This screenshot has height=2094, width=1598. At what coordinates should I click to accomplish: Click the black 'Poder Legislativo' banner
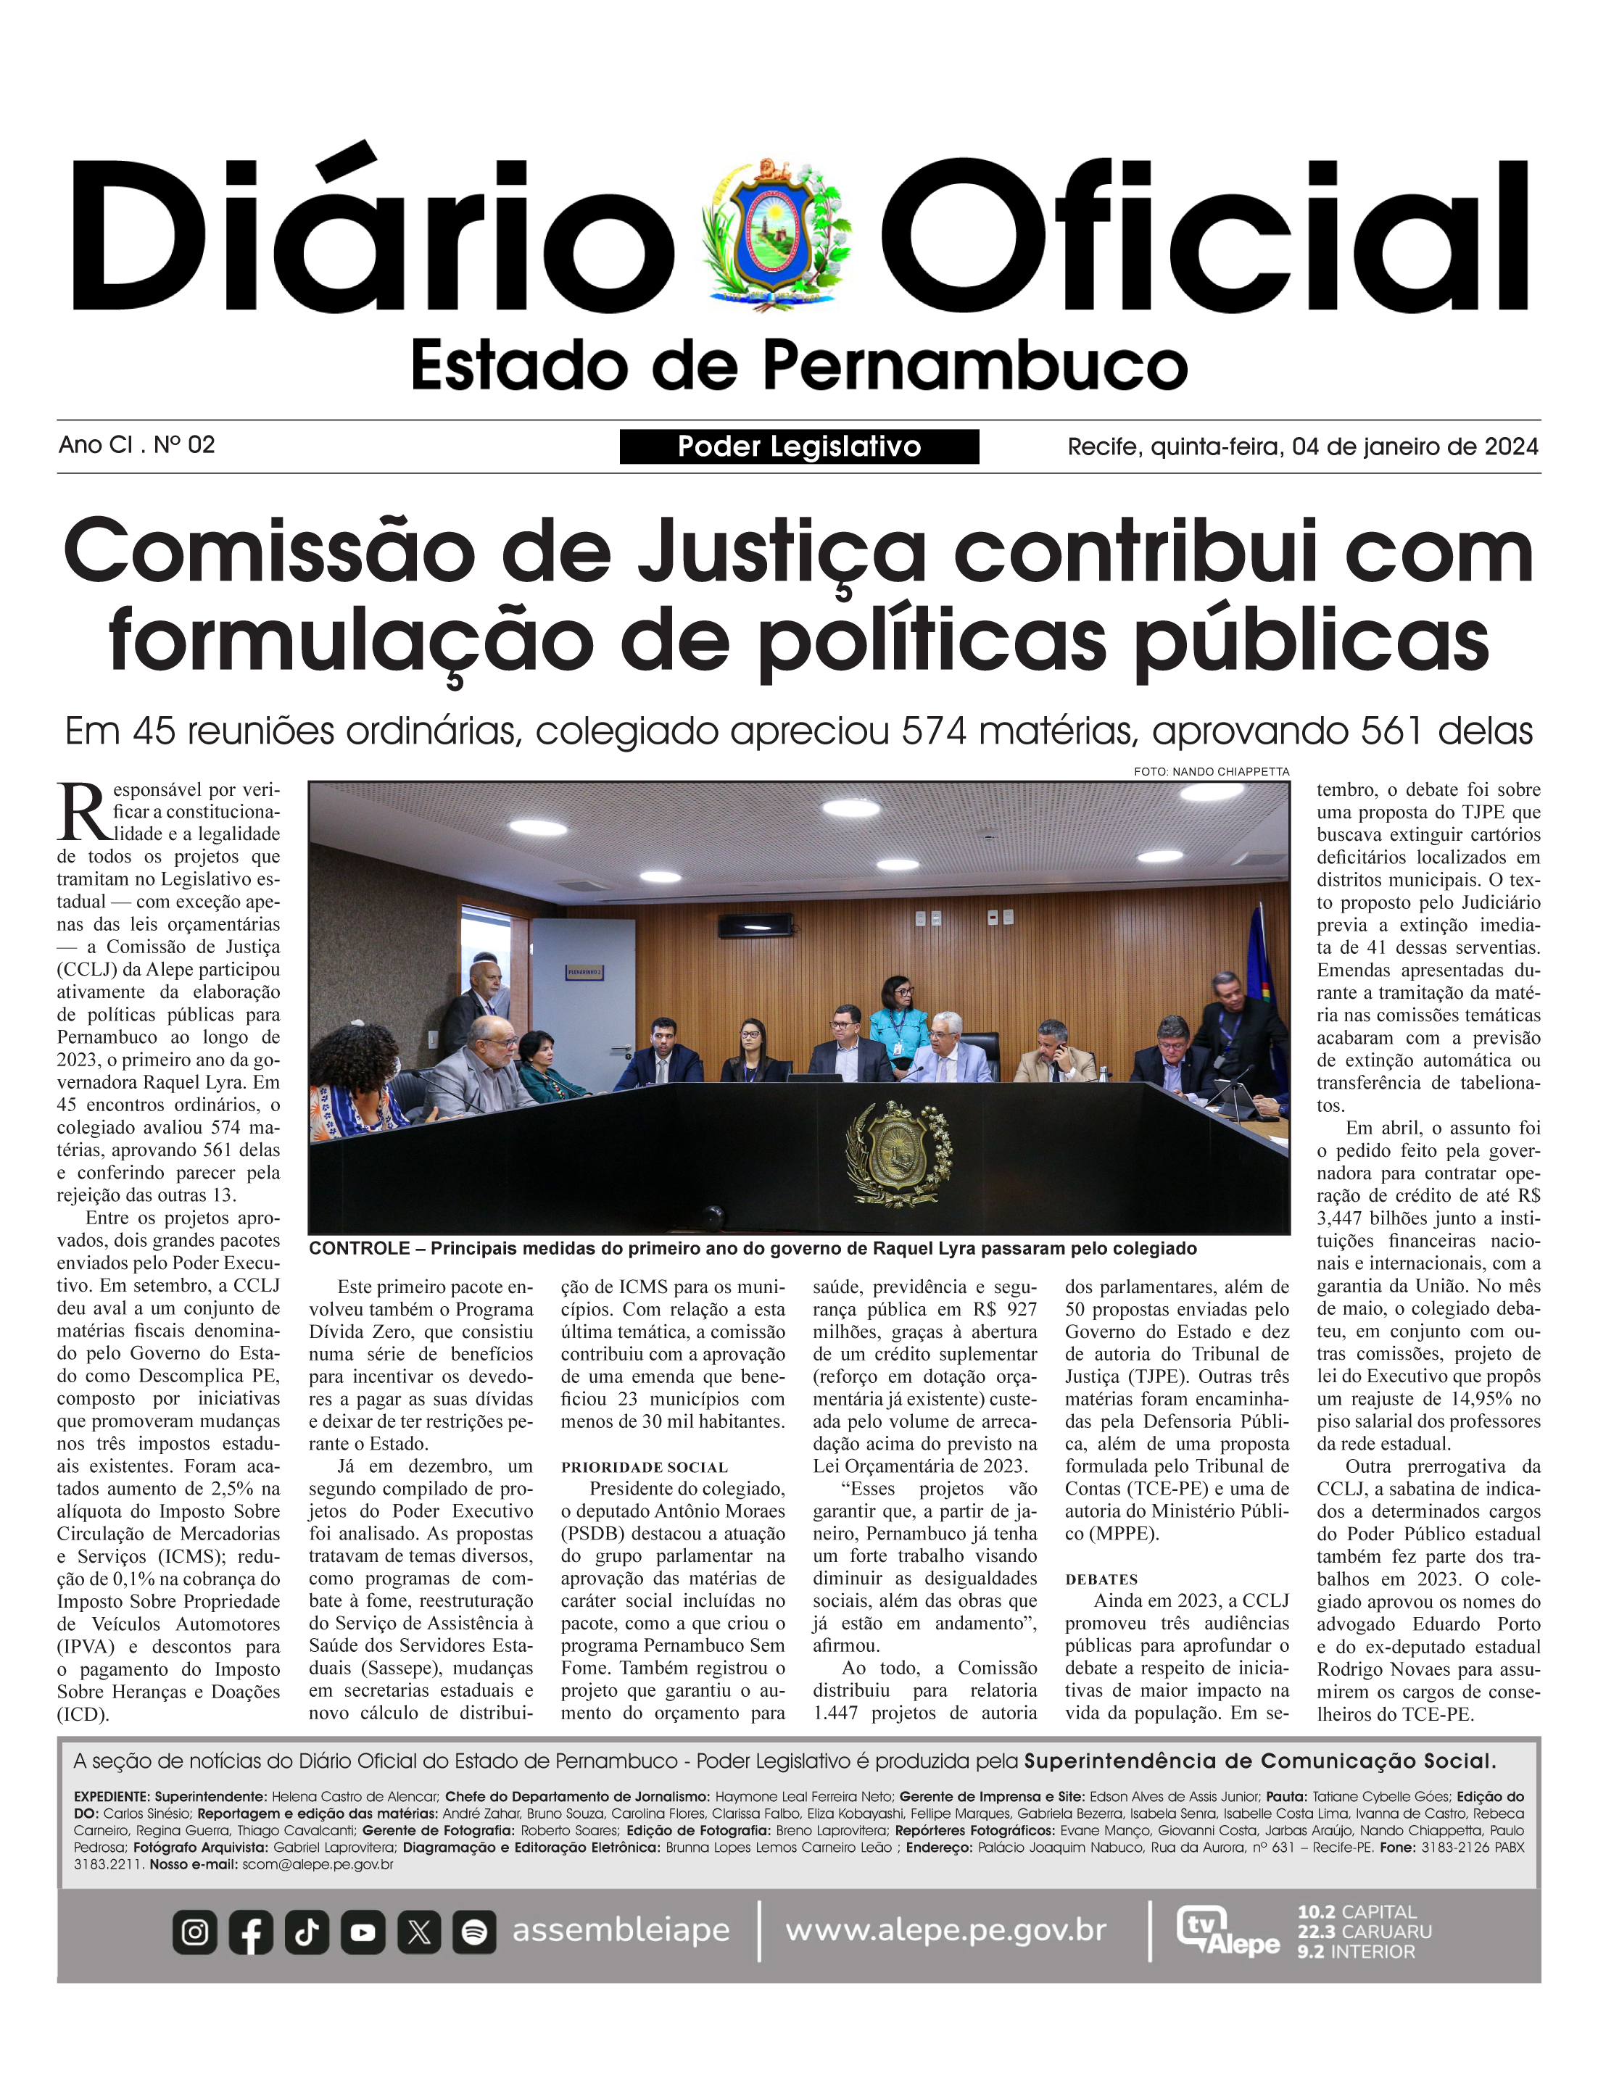(799, 446)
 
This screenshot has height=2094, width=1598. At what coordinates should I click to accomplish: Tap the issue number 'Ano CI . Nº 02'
(137, 444)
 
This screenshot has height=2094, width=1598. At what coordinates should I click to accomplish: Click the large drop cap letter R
(83, 812)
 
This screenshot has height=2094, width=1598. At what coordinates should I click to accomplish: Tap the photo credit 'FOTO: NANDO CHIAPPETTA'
(1211, 771)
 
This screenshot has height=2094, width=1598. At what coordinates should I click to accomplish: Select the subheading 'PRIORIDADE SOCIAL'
(644, 1467)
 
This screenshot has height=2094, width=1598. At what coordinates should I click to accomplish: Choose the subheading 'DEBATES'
(1101, 1579)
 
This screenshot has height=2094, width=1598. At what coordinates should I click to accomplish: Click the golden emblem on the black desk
(898, 1153)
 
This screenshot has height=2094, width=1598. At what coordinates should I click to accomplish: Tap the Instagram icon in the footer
(195, 1932)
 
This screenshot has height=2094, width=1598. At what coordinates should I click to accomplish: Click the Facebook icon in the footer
(251, 1932)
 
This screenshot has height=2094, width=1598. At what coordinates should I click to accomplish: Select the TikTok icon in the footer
(306, 1932)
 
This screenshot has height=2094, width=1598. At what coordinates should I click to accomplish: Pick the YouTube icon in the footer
(363, 1932)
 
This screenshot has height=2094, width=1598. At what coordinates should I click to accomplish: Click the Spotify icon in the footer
(473, 1932)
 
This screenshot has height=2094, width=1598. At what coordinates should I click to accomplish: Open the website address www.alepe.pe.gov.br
(945, 1930)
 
